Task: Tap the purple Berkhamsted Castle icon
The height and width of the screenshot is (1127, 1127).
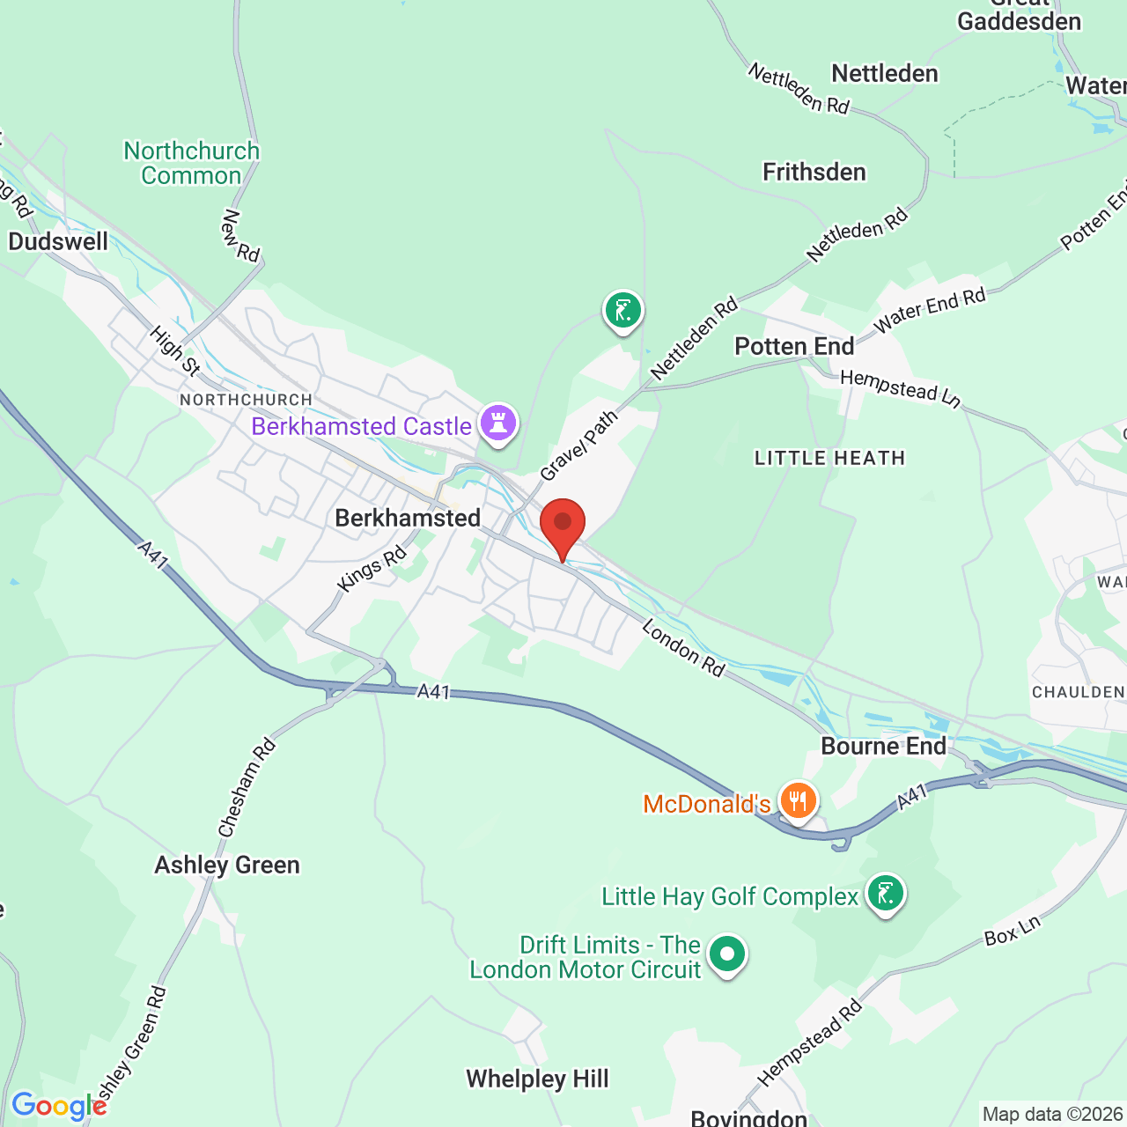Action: pos(498,424)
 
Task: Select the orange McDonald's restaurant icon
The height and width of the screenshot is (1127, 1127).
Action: pos(798,801)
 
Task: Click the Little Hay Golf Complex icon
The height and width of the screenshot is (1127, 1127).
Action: pos(885,894)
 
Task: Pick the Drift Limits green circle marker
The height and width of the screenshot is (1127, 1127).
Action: pos(727,954)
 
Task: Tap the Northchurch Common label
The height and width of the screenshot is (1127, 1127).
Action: pos(191,163)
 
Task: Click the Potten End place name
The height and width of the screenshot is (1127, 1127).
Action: pos(794,346)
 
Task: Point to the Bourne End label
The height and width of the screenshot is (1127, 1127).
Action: pos(883,746)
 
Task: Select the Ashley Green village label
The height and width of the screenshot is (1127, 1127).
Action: pos(227,865)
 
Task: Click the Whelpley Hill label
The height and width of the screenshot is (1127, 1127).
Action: pos(537,1079)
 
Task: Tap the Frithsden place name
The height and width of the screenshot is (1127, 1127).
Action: pos(814,172)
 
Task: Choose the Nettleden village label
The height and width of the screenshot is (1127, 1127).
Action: pos(885,73)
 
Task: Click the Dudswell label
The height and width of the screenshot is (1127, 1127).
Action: pos(58,241)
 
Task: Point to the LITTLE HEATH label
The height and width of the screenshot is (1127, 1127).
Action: pos(829,458)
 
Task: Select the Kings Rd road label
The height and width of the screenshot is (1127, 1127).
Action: pos(372,568)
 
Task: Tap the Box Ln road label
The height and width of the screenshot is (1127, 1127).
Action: pos(1013,931)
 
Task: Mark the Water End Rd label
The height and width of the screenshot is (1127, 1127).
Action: pos(930,311)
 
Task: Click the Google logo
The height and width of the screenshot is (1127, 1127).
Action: pos(59,1106)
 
